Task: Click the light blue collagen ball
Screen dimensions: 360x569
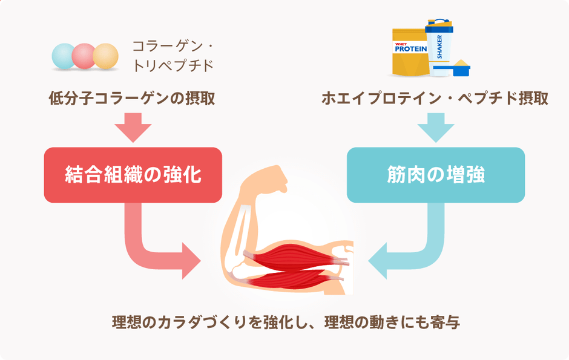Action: (x=64, y=56)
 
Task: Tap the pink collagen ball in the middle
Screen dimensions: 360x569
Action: (x=84, y=56)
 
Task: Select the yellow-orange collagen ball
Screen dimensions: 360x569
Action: (x=105, y=56)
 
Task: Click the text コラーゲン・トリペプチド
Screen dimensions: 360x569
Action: (x=173, y=56)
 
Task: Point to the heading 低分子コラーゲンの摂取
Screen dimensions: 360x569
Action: (x=132, y=99)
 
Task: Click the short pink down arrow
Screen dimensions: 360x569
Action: (x=133, y=128)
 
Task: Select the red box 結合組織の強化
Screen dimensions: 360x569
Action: (x=133, y=175)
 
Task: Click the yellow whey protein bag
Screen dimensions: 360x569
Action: (x=410, y=54)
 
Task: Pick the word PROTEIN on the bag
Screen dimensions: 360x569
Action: (x=410, y=48)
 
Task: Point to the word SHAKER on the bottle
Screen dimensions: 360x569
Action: (x=439, y=47)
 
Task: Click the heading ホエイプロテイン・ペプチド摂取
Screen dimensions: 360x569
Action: (x=435, y=99)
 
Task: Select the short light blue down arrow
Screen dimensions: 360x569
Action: (x=435, y=128)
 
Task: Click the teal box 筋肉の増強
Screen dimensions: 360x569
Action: (x=435, y=175)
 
